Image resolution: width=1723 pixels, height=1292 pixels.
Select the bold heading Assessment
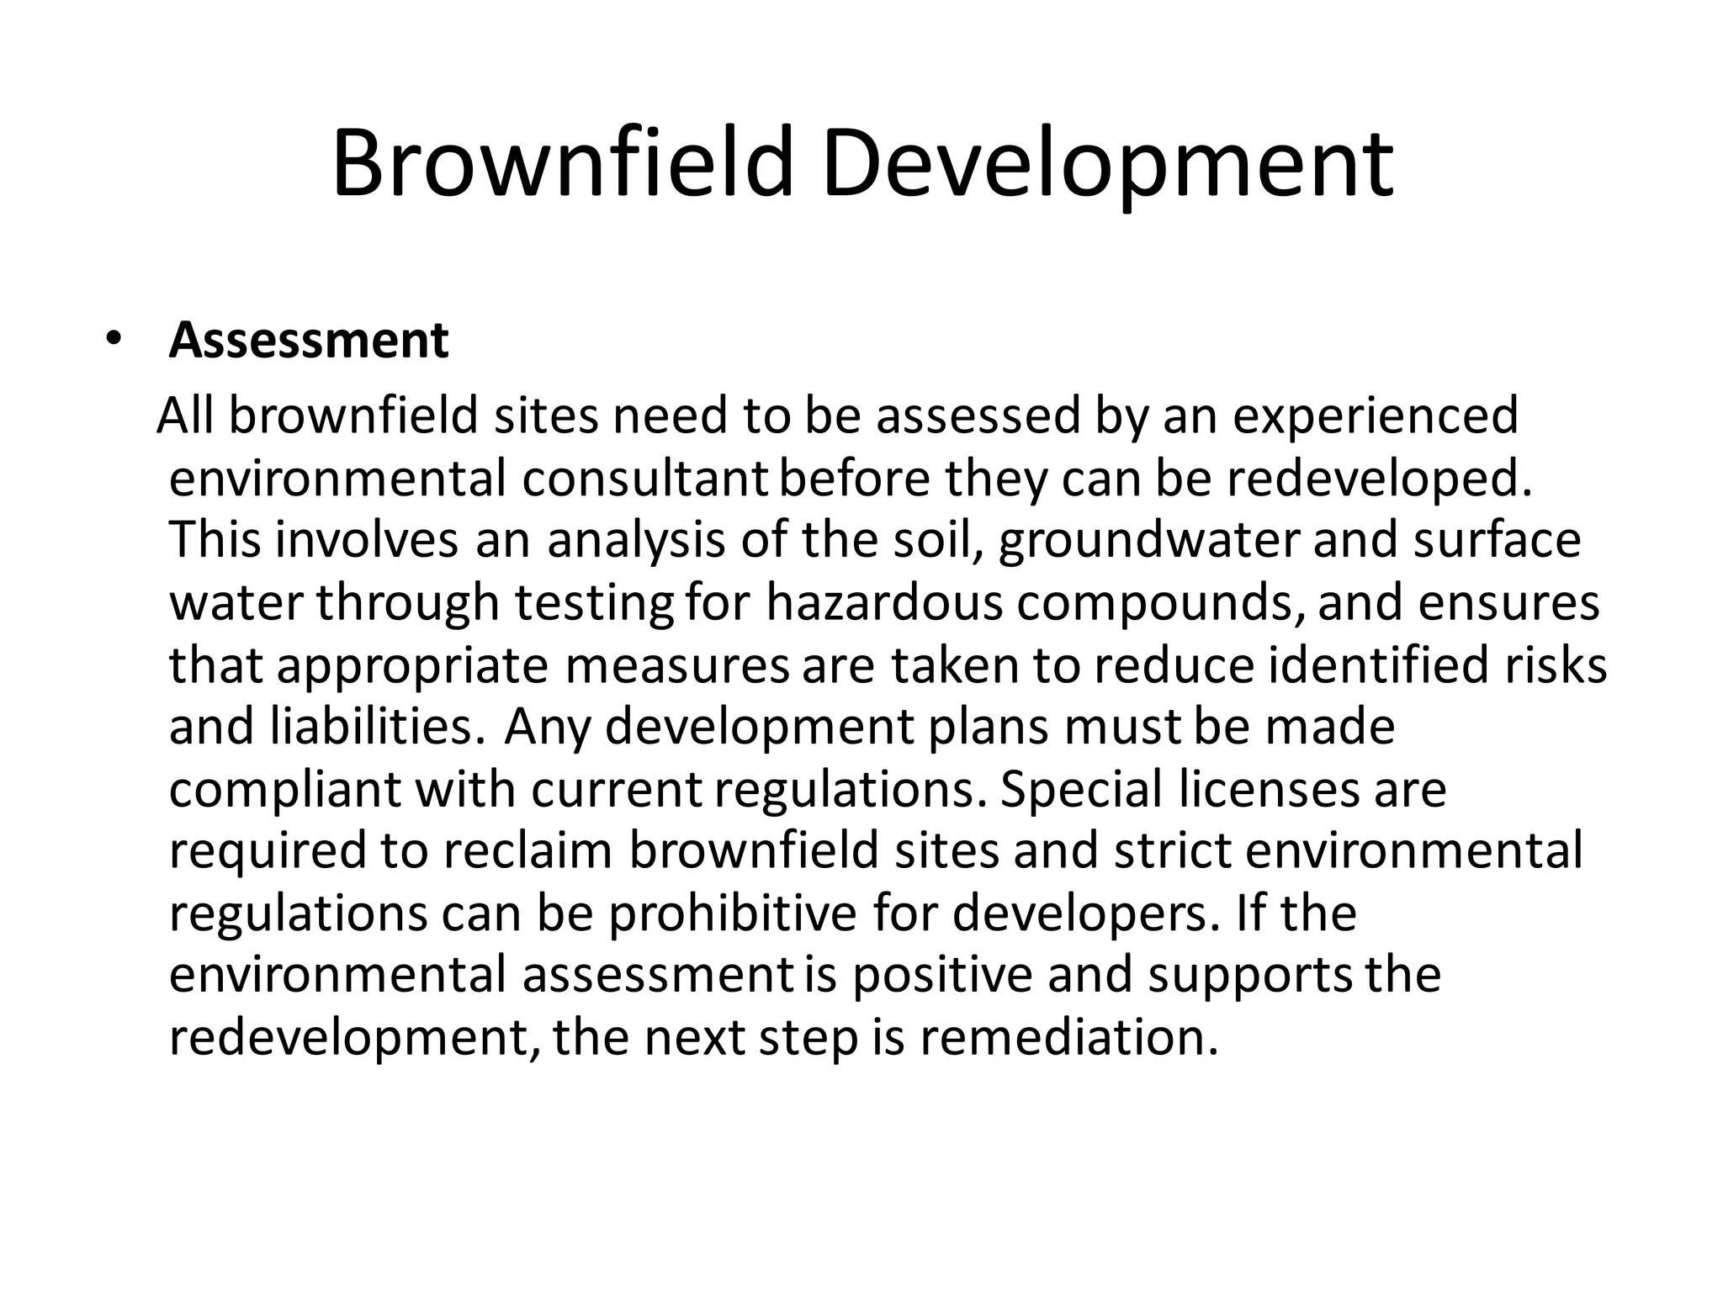pos(309,341)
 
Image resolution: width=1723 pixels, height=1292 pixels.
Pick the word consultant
pos(644,479)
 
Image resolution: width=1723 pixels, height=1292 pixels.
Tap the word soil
pos(941,540)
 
